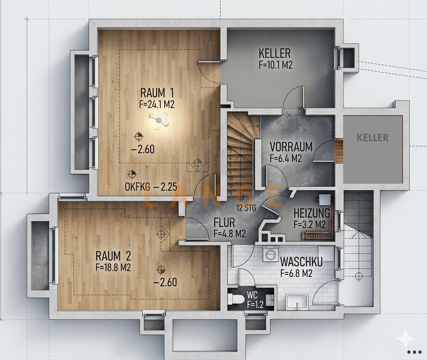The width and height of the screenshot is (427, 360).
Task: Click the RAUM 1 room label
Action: (x=157, y=93)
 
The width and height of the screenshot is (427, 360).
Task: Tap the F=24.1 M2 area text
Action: (x=157, y=104)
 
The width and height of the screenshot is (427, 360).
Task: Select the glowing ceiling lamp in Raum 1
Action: (x=159, y=121)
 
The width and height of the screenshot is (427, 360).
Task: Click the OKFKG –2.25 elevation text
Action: (x=151, y=187)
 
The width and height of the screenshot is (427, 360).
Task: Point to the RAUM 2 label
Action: (x=113, y=256)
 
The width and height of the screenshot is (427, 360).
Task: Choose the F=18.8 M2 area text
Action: (x=113, y=267)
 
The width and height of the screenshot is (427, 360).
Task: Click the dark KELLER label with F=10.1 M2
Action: (x=275, y=53)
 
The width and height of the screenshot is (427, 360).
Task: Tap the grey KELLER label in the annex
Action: (x=372, y=138)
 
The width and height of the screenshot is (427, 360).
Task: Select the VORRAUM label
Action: (x=291, y=147)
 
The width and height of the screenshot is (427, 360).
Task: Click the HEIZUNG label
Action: (x=311, y=213)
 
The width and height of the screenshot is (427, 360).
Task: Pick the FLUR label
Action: (x=224, y=223)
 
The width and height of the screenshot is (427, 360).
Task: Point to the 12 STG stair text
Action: (x=246, y=208)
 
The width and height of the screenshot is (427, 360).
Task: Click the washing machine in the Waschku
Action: (x=270, y=253)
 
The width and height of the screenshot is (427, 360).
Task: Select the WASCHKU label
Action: (x=301, y=262)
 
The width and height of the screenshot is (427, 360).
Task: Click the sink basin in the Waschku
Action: (x=297, y=302)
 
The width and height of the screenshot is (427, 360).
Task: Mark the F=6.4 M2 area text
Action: (x=286, y=158)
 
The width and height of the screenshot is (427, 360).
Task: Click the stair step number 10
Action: (x=231, y=180)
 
